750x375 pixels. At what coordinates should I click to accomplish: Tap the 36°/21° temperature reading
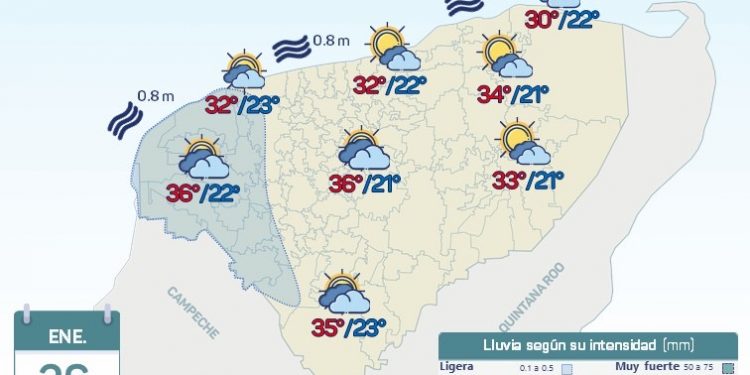(365, 183)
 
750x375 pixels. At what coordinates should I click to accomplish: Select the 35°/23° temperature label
(349, 326)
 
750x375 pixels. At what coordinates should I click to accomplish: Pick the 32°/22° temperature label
(389, 86)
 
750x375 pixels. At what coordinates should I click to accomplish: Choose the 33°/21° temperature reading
(528, 181)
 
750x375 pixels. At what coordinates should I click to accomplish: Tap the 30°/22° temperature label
(562, 19)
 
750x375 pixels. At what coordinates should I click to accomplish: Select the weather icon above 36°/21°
(363, 149)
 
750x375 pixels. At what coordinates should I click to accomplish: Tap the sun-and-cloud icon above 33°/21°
(525, 142)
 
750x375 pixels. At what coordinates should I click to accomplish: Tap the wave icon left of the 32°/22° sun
(292, 46)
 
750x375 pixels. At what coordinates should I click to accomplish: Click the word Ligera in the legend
(456, 366)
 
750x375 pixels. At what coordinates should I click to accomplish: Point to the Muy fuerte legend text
(645, 366)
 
